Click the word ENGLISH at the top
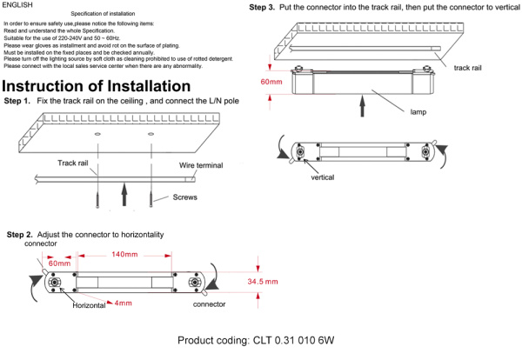point(18,5)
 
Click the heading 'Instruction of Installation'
point(97,86)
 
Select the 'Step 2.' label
point(20,236)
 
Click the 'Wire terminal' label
point(202,165)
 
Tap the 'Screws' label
point(184,197)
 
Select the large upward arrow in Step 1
point(125,190)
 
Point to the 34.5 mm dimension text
point(262,283)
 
